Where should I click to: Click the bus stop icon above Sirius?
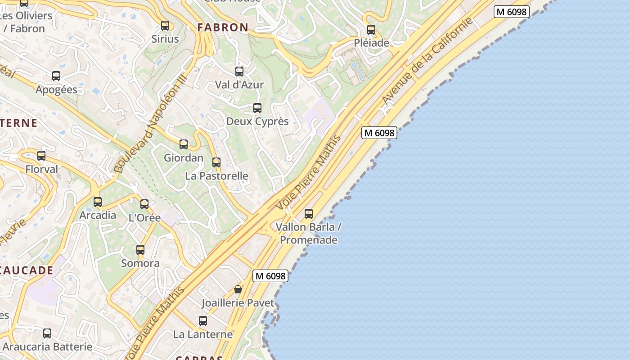(x=165, y=26)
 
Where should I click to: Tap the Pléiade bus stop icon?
(x=371, y=30)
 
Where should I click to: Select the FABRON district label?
(x=223, y=27)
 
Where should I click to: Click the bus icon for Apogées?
(x=56, y=76)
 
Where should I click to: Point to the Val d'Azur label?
(x=239, y=85)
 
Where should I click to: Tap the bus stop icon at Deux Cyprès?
(x=257, y=108)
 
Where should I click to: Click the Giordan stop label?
(x=184, y=158)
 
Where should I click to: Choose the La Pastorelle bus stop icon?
(x=216, y=162)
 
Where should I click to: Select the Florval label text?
(x=42, y=169)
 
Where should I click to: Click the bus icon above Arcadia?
(x=98, y=202)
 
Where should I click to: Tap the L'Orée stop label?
(x=144, y=218)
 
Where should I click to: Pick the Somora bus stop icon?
(x=140, y=250)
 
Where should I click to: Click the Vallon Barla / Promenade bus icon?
(x=309, y=214)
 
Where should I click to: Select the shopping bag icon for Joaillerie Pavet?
(x=238, y=289)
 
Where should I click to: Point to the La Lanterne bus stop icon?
(x=203, y=321)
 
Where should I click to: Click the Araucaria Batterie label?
(x=47, y=347)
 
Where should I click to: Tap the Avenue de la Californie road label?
(x=427, y=60)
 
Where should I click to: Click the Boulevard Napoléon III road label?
(x=150, y=122)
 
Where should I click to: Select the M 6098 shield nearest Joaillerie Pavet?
(x=270, y=276)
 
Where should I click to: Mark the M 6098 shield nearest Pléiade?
(x=511, y=12)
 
